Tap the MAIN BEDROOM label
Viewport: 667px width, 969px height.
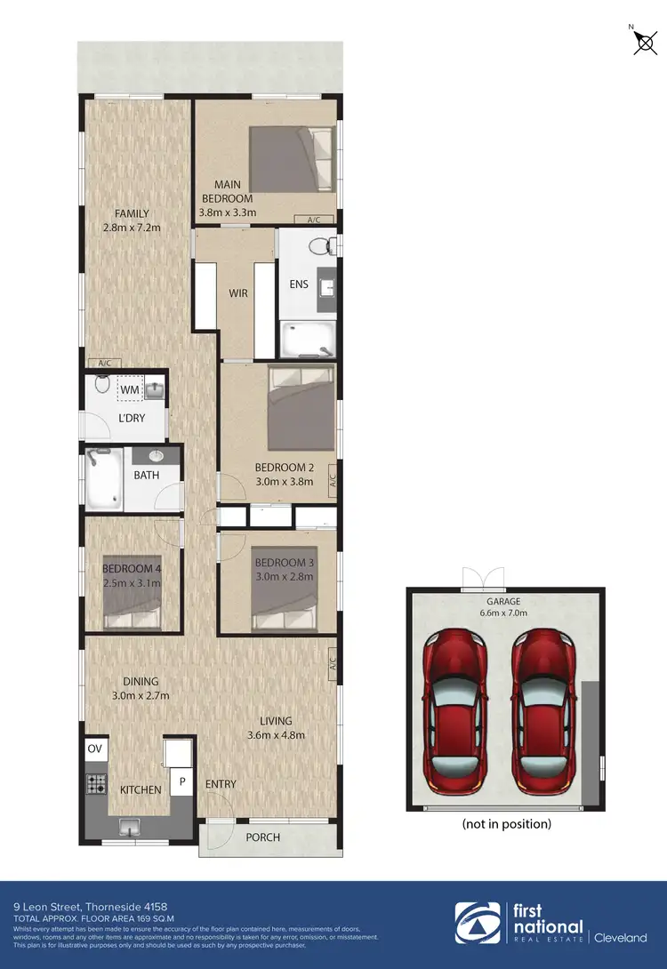228,192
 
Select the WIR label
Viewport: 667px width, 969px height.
237,292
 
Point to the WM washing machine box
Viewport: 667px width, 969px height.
130,389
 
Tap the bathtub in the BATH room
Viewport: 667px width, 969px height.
105,479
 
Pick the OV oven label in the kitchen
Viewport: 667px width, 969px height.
95,749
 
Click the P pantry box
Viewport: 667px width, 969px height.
183,781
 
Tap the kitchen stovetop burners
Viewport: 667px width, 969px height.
95,783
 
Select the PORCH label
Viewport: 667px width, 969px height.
262,837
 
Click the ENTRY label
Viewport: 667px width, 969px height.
221,784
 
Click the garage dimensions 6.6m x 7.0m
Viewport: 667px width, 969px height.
504,613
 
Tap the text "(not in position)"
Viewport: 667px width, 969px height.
506,824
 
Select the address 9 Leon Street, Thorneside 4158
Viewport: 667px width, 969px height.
76,907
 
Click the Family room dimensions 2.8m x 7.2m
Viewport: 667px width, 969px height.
131,227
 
